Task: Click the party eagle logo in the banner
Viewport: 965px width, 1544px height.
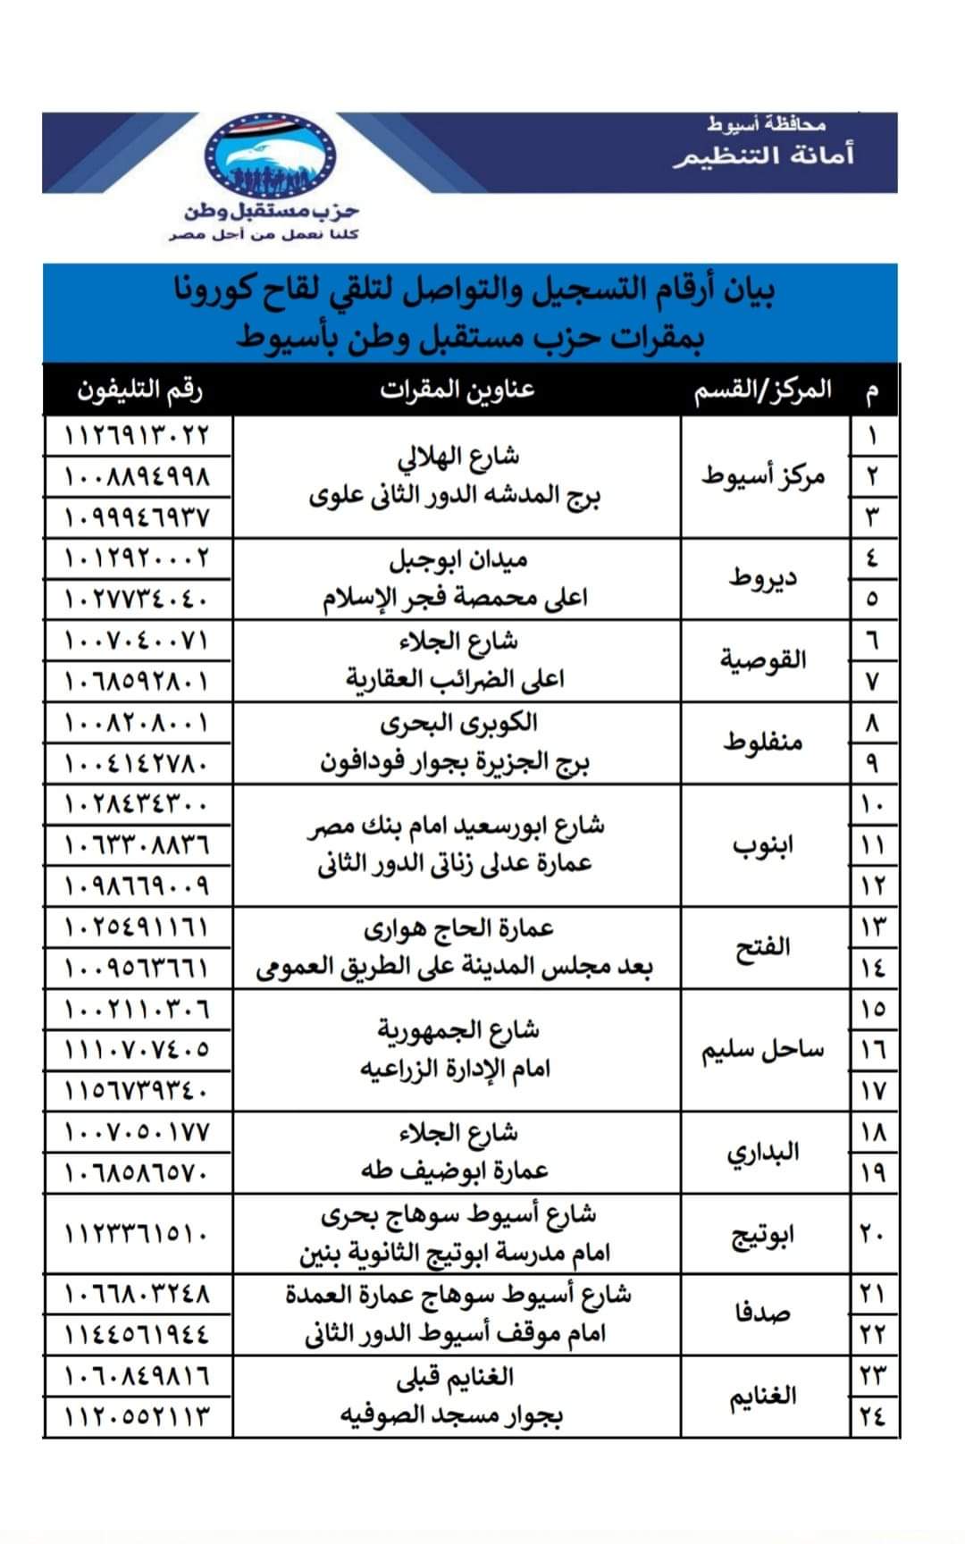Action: (x=271, y=154)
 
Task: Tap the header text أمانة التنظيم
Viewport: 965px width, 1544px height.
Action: (x=764, y=155)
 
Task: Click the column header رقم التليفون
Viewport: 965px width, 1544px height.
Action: (x=139, y=390)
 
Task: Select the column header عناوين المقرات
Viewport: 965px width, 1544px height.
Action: (x=457, y=390)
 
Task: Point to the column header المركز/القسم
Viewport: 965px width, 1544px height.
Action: (x=763, y=391)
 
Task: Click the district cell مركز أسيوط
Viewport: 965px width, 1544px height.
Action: (x=763, y=475)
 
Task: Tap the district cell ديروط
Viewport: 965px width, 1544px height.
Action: (x=763, y=577)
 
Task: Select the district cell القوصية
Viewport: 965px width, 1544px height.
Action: (x=763, y=660)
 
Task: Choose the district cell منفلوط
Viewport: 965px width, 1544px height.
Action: (x=763, y=742)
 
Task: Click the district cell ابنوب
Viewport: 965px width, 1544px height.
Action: (x=763, y=844)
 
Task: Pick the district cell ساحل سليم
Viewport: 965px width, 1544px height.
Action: (x=763, y=1050)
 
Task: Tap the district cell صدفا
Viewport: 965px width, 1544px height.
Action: (x=763, y=1313)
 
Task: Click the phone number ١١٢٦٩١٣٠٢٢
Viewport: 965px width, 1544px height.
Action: (x=138, y=436)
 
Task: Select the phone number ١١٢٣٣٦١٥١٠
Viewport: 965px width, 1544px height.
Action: (x=138, y=1234)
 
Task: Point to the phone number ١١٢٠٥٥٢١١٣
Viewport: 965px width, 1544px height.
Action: (x=138, y=1416)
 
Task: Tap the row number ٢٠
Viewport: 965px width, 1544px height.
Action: (x=872, y=1234)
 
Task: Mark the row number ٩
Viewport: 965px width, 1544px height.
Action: (x=872, y=763)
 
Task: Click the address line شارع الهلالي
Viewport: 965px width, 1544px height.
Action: (x=457, y=457)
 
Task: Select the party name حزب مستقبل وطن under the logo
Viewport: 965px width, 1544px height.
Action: (x=272, y=212)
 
